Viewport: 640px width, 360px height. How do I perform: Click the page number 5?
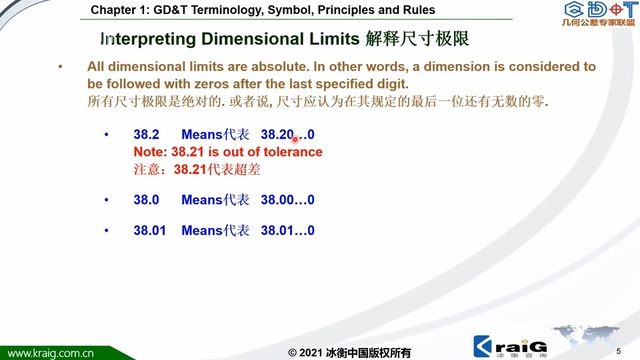pos(619,351)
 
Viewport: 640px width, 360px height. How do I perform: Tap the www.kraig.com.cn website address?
pos(51,353)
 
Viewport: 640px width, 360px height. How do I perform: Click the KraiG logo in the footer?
pos(510,347)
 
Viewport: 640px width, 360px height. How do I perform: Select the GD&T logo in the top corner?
pos(599,13)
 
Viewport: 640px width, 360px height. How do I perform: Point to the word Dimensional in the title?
pos(252,39)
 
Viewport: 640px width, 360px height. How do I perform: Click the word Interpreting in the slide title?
pos(148,39)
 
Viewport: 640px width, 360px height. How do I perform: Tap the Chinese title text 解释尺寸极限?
pos(417,39)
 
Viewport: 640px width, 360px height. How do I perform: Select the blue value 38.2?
pos(146,134)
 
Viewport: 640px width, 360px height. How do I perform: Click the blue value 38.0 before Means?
pos(146,199)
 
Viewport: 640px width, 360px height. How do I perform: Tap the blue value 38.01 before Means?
pos(150,230)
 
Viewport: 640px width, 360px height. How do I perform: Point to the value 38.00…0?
pos(288,199)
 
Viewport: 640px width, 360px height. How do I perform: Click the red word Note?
pos(149,152)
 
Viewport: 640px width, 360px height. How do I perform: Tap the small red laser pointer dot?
pos(295,139)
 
